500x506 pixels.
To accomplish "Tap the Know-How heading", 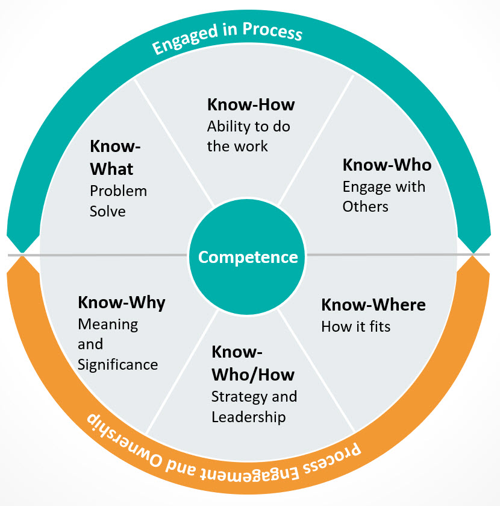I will [251, 104].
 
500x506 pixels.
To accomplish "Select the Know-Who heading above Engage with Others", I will [387, 165].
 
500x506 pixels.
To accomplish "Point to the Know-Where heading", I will [373, 305].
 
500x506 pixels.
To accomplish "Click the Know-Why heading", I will [121, 302].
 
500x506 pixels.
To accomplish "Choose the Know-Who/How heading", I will [252, 363].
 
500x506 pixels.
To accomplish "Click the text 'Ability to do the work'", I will [240, 136].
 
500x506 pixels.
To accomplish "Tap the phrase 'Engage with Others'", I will [383, 197].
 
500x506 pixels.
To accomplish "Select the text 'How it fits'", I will [355, 327].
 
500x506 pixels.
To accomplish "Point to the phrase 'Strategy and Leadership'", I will [254, 407].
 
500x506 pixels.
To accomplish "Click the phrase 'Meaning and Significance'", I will [117, 344].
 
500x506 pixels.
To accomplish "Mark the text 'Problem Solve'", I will [118, 201].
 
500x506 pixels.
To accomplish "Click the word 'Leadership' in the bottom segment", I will [248, 417].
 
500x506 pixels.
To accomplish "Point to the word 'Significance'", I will [117, 365].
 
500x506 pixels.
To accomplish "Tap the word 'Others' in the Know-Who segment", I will [365, 206].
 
